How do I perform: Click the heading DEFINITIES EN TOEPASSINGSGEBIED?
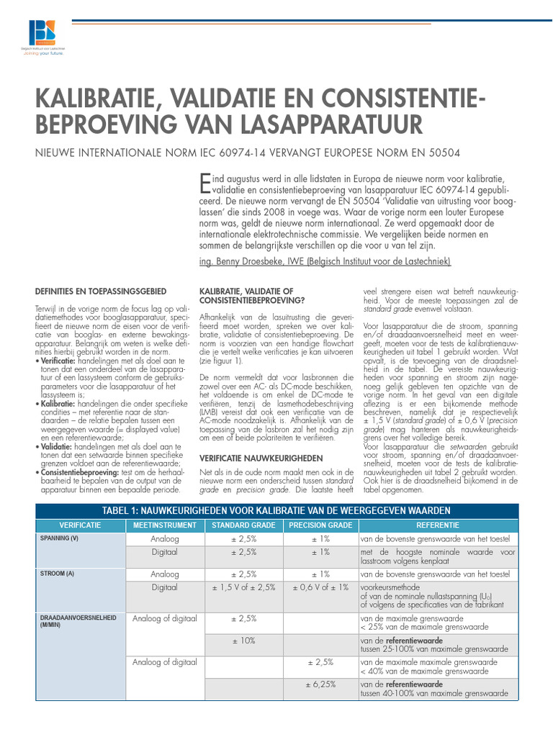click(x=101, y=291)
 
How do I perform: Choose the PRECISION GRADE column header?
click(x=320, y=525)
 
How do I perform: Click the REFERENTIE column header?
click(x=437, y=525)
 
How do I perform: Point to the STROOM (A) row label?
click(x=56, y=574)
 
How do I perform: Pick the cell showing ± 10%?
click(x=243, y=640)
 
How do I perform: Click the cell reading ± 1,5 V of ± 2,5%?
click(x=243, y=587)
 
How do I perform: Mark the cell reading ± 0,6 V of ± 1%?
click(x=320, y=587)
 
